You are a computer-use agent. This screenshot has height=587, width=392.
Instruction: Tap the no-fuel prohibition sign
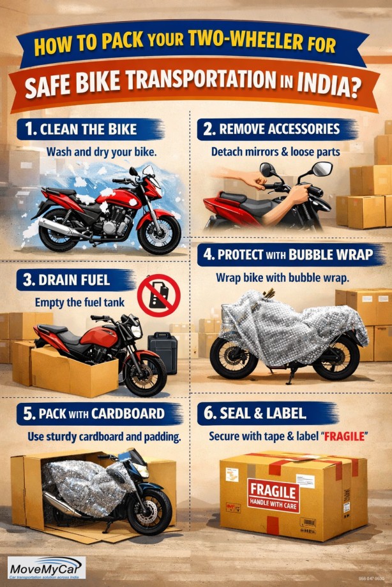click(x=159, y=296)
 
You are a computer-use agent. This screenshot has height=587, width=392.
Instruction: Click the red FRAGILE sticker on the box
click(x=273, y=495)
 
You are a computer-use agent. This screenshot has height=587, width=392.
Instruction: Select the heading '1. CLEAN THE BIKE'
click(x=81, y=130)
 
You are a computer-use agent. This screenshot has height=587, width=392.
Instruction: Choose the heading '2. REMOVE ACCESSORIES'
click(x=272, y=129)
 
